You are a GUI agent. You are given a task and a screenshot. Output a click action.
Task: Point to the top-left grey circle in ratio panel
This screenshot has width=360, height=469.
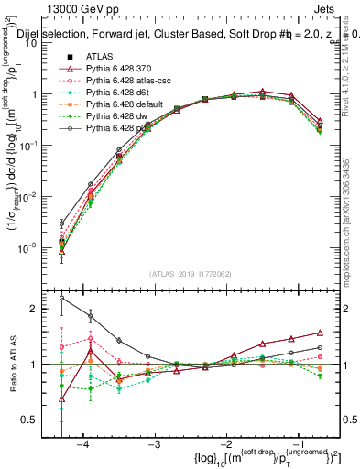click(61, 298)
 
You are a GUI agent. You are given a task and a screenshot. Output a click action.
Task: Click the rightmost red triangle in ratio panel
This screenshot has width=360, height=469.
click(320, 333)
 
